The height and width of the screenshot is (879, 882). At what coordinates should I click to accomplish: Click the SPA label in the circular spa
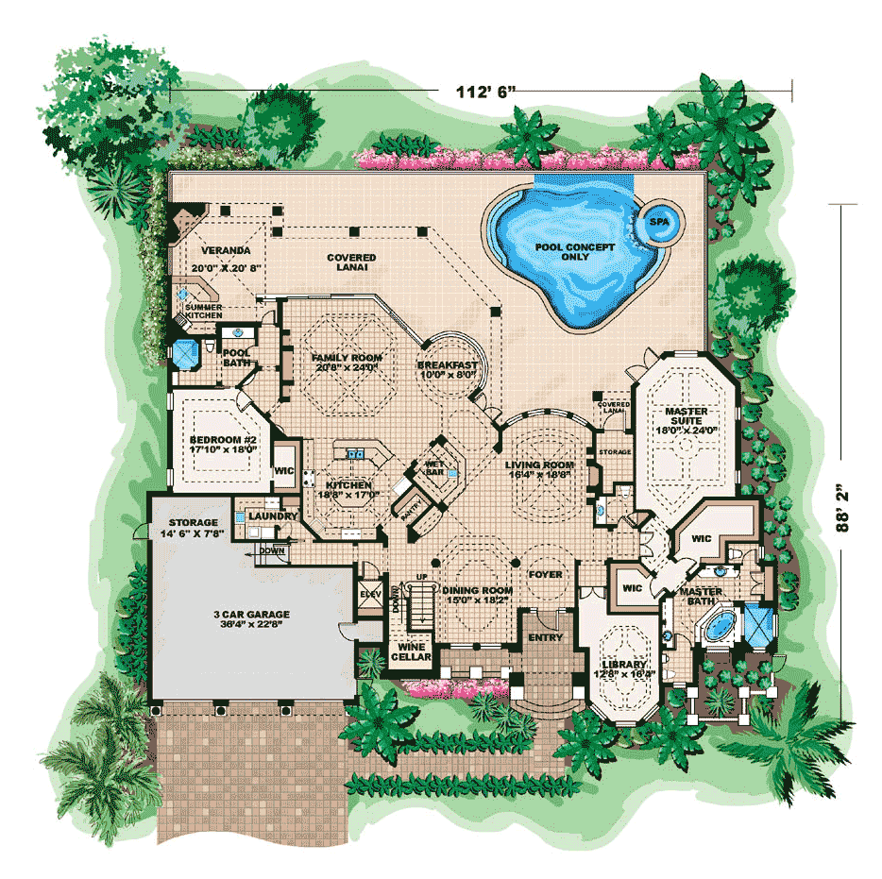coord(658,224)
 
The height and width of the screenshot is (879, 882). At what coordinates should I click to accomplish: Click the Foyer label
coord(545,574)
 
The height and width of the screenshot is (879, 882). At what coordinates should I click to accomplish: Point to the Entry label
coord(545,637)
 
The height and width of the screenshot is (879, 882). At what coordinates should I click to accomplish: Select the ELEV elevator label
coord(369,594)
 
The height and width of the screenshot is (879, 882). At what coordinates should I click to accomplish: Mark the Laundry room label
coord(274,516)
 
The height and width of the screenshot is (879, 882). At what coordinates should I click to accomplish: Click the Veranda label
coord(225,251)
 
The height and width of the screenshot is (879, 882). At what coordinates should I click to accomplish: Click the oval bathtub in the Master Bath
coord(719,624)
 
